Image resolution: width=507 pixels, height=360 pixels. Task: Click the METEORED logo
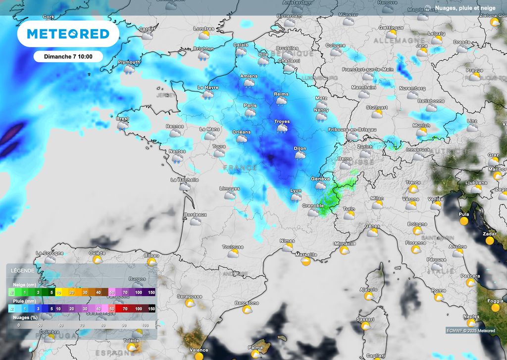pos(68,34)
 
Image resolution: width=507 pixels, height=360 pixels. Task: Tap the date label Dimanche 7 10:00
pos(68,56)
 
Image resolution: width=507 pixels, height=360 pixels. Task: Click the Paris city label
pos(250,105)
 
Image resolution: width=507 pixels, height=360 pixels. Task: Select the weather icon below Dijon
pos(300,155)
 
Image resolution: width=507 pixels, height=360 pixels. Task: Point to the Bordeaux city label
pos(195,214)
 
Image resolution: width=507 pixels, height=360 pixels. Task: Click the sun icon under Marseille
pos(306,261)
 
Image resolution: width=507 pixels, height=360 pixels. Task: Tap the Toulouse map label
pos(233,247)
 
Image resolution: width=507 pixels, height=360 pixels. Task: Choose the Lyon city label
pos(296,191)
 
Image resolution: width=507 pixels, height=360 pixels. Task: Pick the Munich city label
pos(421,126)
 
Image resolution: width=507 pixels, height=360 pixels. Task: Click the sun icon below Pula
pos(464,221)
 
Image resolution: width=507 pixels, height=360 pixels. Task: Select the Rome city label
pos(438,290)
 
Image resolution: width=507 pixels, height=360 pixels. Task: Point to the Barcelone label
pos(247,303)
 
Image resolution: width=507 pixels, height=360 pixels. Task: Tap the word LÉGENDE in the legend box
pos(22,271)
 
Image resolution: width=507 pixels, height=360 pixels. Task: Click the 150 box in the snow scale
pos(151,292)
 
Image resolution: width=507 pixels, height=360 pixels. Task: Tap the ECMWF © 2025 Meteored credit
pos(470,331)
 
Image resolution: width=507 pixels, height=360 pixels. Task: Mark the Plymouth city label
pos(129,62)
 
